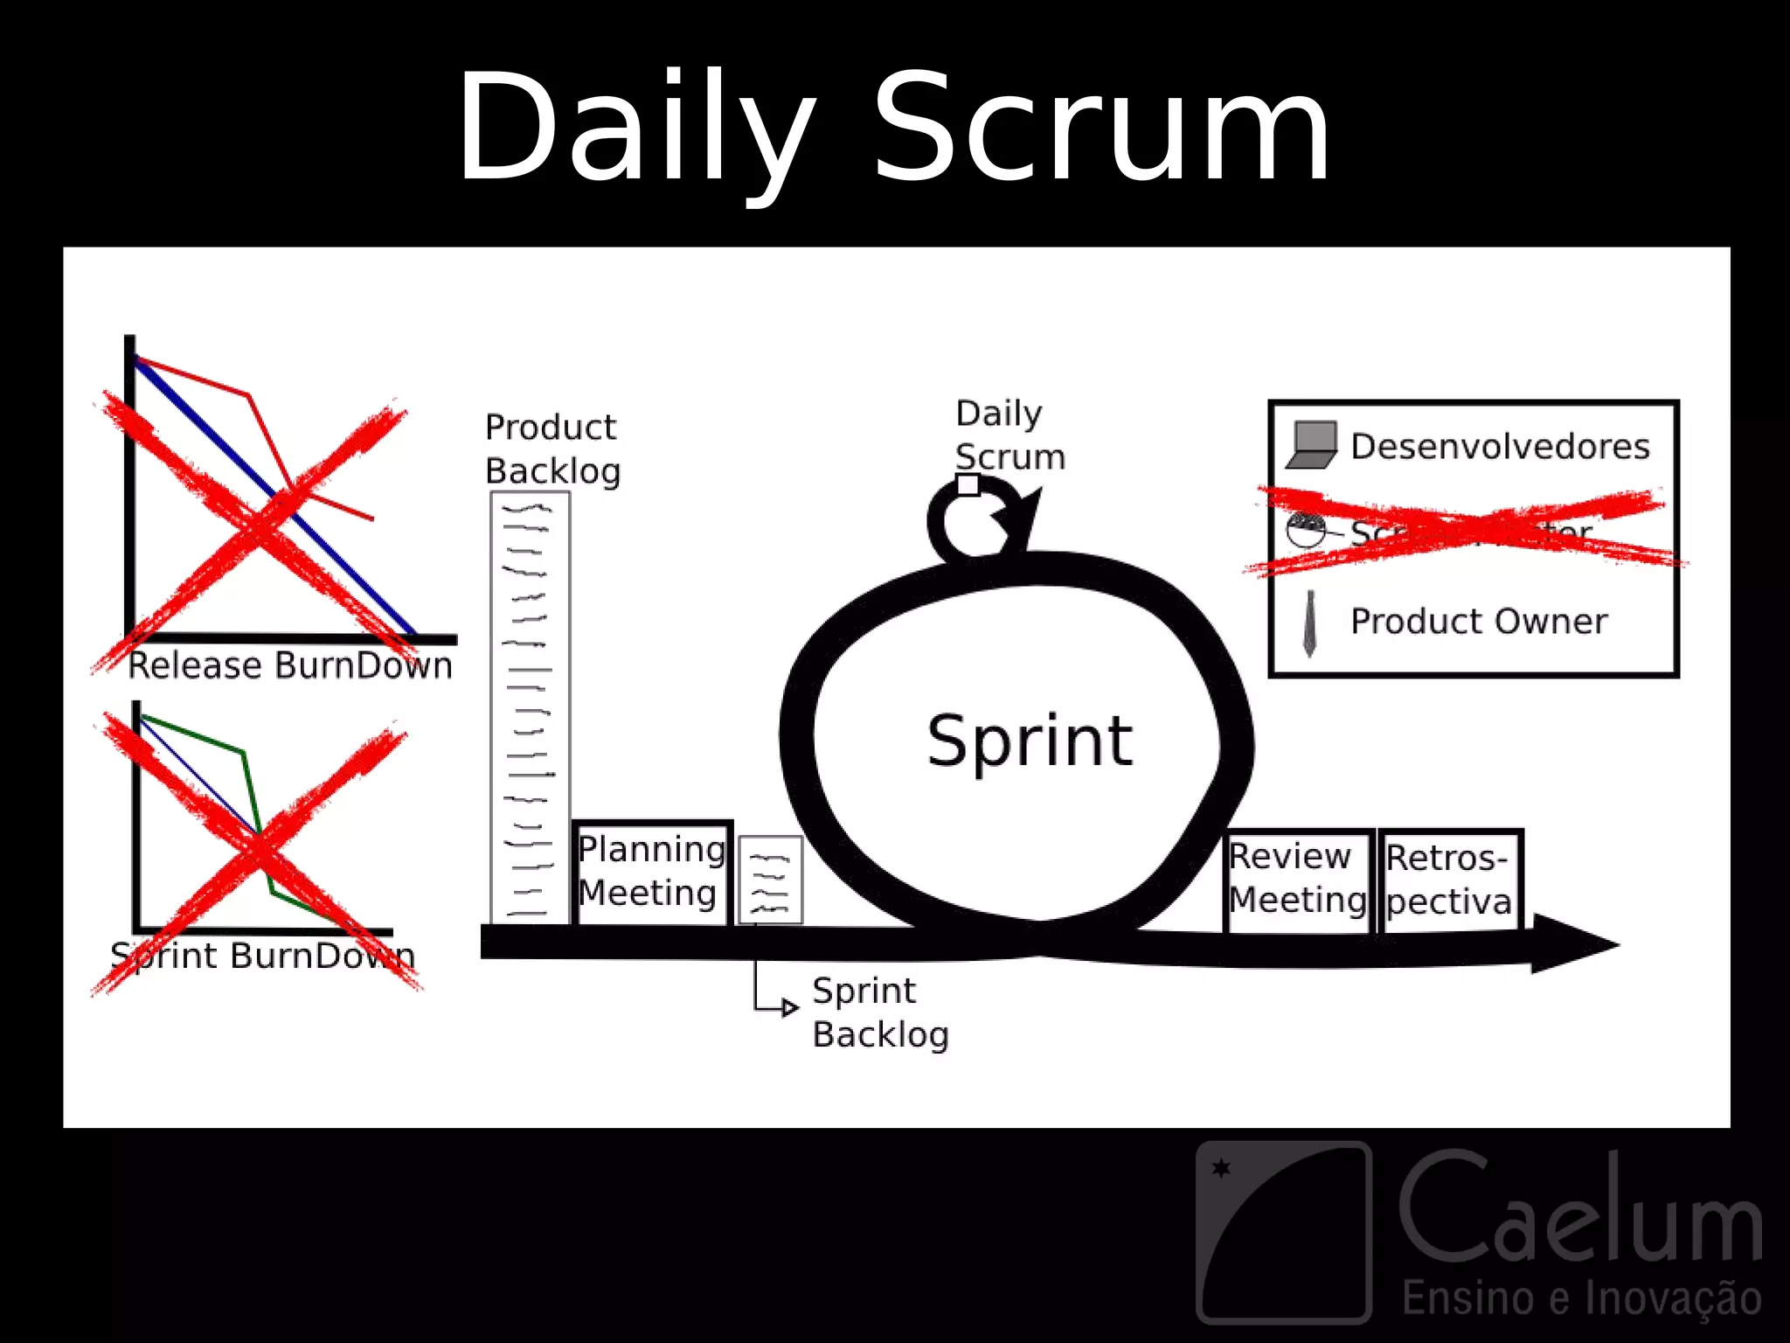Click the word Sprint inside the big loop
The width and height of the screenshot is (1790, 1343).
1030,741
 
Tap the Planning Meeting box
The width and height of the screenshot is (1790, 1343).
652,872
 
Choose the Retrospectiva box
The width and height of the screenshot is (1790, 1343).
1449,880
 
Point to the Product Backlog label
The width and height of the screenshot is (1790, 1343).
552,449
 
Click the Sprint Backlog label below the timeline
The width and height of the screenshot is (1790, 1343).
879,1012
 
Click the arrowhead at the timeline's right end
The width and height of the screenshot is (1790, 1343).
1573,944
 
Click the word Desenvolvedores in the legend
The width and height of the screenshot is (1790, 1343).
1500,447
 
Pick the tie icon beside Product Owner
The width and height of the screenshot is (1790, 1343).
1309,623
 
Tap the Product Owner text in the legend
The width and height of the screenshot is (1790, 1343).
1479,622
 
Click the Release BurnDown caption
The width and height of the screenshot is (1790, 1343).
290,666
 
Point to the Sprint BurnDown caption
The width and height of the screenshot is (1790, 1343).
262,956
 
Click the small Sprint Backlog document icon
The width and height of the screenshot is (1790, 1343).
770,879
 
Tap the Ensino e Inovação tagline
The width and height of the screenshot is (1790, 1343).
1582,1298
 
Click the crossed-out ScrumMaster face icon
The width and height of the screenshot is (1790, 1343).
1306,530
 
